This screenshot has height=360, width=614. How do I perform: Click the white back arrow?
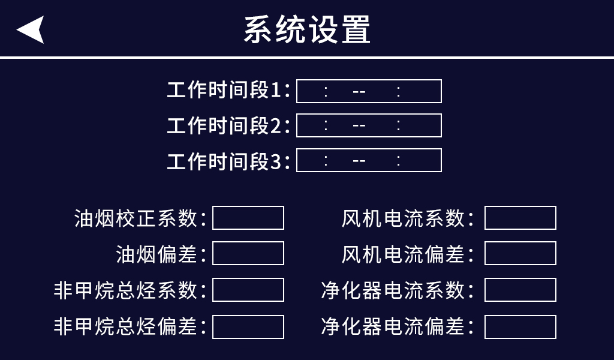pos(31,29)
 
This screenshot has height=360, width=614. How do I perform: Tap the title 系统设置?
pos(307,29)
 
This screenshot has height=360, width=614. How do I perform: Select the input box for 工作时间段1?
pos(369,91)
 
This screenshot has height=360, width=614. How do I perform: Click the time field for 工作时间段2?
pos(369,125)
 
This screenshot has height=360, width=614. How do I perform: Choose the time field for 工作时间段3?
pos(369,160)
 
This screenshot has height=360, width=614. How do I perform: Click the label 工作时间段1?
pos(228,91)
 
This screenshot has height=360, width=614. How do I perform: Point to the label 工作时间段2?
pos(228,126)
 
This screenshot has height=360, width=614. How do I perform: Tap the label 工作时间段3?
pos(228,161)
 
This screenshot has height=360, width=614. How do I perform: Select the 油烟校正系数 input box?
pos(248,218)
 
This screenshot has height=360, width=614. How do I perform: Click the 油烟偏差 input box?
pos(248,253)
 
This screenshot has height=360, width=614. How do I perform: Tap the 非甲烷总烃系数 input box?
pos(248,290)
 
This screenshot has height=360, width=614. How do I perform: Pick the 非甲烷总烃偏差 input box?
pos(248,327)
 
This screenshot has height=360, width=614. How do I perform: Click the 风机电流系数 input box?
pos(520,218)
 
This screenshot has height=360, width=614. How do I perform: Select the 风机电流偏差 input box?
pos(520,253)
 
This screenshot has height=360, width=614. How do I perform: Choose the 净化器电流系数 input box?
pos(520,290)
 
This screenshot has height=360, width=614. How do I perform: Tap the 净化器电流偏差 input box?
pos(520,327)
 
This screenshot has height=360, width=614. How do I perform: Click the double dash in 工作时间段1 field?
pos(359,92)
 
